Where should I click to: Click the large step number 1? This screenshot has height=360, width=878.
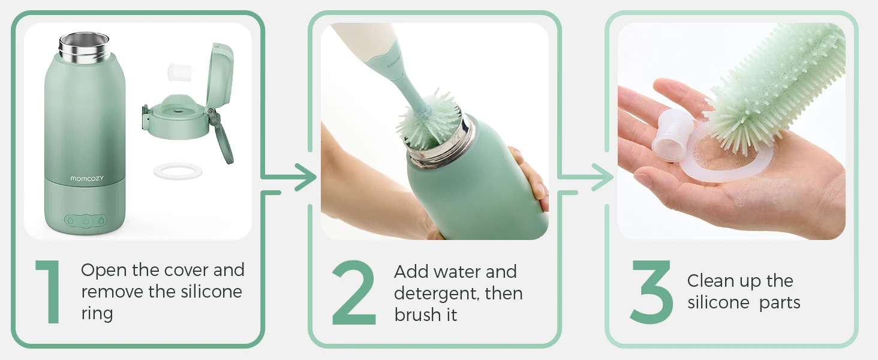(49, 292)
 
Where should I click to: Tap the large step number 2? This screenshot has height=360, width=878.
(354, 292)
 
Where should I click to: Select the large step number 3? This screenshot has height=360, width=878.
(651, 292)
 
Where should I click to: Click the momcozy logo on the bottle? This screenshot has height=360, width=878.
(87, 178)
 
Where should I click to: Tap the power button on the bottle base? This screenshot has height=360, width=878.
(86, 221)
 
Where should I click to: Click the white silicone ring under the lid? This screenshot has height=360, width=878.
(178, 172)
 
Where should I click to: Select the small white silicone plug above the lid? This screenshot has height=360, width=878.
(180, 72)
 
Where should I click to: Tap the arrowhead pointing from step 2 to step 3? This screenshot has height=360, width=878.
(603, 177)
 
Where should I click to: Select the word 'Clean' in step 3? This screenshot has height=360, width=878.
(711, 281)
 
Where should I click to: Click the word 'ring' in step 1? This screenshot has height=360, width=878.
(97, 314)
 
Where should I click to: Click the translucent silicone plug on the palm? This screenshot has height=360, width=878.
(670, 134)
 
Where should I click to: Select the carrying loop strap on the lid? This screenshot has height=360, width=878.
(222, 137)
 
